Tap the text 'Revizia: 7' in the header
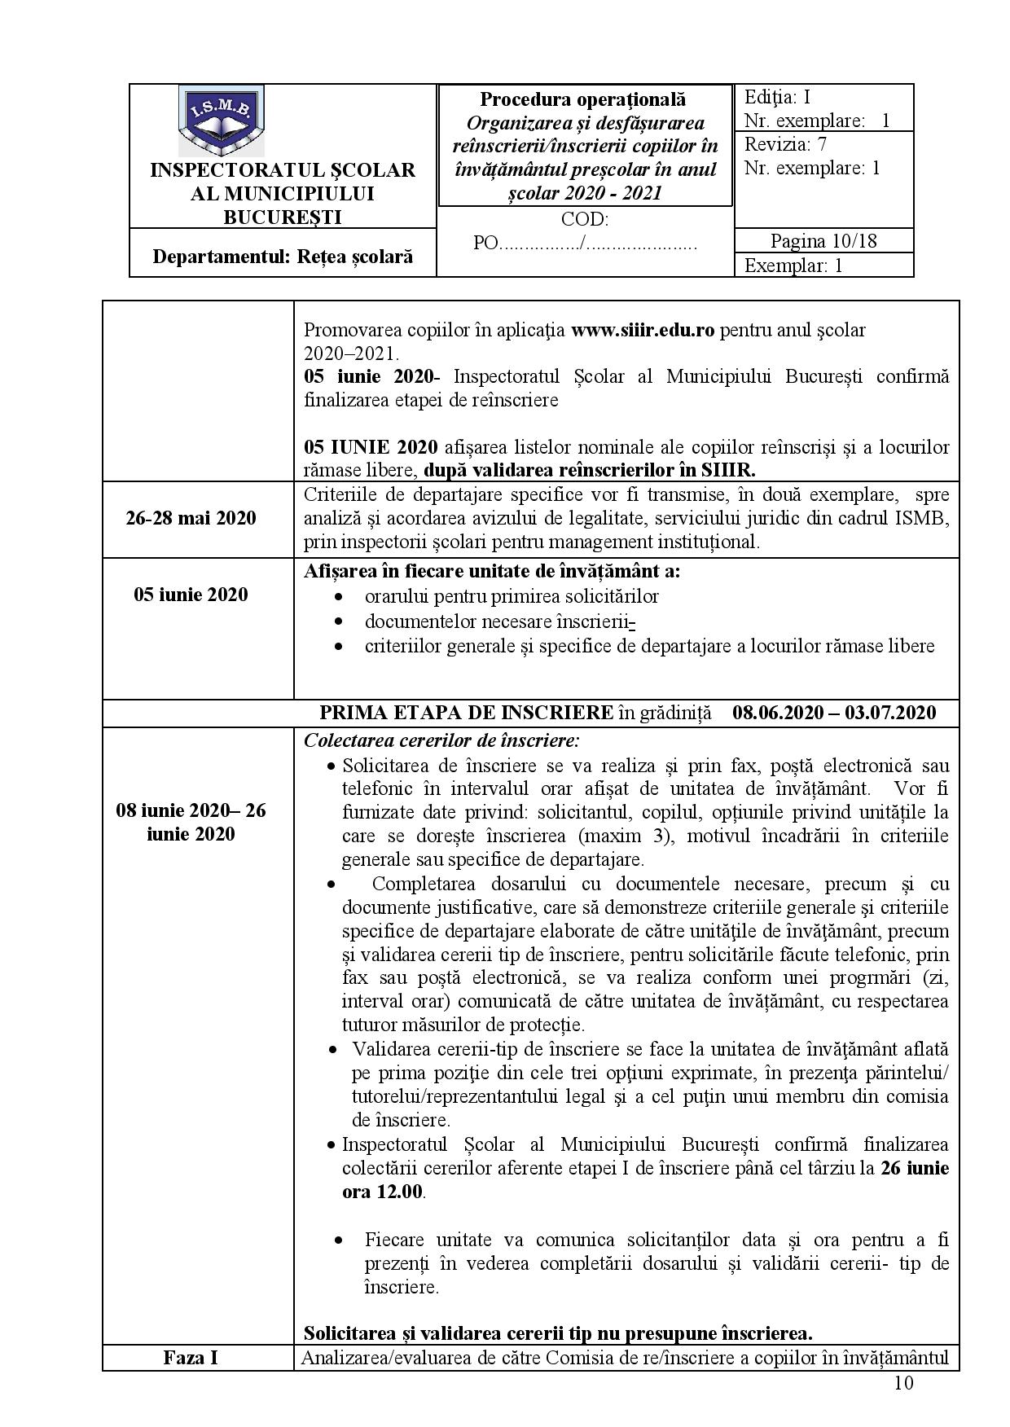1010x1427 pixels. tap(784, 145)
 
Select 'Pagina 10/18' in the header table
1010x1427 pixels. tap(823, 241)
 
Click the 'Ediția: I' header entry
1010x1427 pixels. tap(777, 98)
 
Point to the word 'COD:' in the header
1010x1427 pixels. tap(584, 219)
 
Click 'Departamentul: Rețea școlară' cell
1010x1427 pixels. tap(283, 257)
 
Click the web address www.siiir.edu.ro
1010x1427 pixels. tap(643, 330)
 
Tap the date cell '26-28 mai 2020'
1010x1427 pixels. tap(191, 518)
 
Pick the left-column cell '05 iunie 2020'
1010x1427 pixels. tap(191, 595)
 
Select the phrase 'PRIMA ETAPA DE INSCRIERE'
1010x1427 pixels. tap(467, 713)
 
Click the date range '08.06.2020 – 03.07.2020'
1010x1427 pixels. tap(833, 713)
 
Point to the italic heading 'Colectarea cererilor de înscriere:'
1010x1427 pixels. tap(441, 741)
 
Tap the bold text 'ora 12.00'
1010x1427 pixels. tap(382, 1192)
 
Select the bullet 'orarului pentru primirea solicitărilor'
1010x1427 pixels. tap(512, 596)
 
